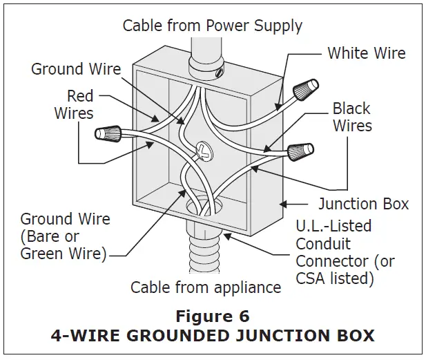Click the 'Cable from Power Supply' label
point(212,26)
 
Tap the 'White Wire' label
point(366,53)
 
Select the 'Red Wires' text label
point(74,104)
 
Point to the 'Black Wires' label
point(352,117)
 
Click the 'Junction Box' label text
point(363,204)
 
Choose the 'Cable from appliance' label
point(206,287)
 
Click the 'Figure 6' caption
point(212,316)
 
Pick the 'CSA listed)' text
point(335,279)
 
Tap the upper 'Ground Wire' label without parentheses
point(76,69)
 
